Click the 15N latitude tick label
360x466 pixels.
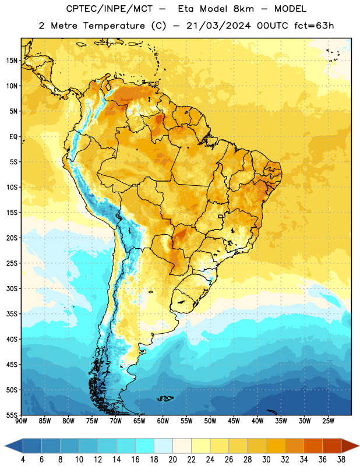point(12,61)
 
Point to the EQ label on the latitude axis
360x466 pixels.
point(13,137)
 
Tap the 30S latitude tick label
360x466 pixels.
point(12,288)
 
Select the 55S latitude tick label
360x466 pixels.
point(12,415)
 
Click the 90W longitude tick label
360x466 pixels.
point(21,421)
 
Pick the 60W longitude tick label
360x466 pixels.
point(163,421)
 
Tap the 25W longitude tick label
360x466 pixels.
point(328,421)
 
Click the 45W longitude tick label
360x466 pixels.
point(234,421)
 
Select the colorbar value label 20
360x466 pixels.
point(172,460)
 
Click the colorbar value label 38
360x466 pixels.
point(341,460)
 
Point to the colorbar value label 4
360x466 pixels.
point(23,460)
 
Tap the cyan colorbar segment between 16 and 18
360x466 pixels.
point(145,446)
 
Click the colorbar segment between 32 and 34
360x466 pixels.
point(295,446)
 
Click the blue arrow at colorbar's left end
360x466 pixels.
point(13,446)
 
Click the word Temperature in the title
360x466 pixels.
point(114,26)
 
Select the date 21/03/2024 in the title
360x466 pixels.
point(218,26)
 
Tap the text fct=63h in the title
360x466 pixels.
point(314,26)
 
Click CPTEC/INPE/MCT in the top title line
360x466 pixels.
point(109,9)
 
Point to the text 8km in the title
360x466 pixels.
point(243,9)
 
